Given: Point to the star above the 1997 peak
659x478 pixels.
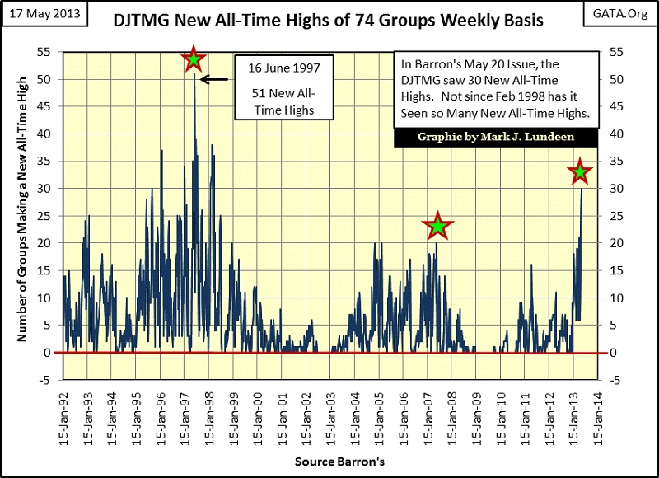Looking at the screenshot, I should [194, 59].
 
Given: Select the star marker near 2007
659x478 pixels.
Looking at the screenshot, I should [438, 225].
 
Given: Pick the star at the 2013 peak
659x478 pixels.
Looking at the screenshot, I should [580, 172].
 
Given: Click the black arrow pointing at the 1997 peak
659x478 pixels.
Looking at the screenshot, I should [215, 80].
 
